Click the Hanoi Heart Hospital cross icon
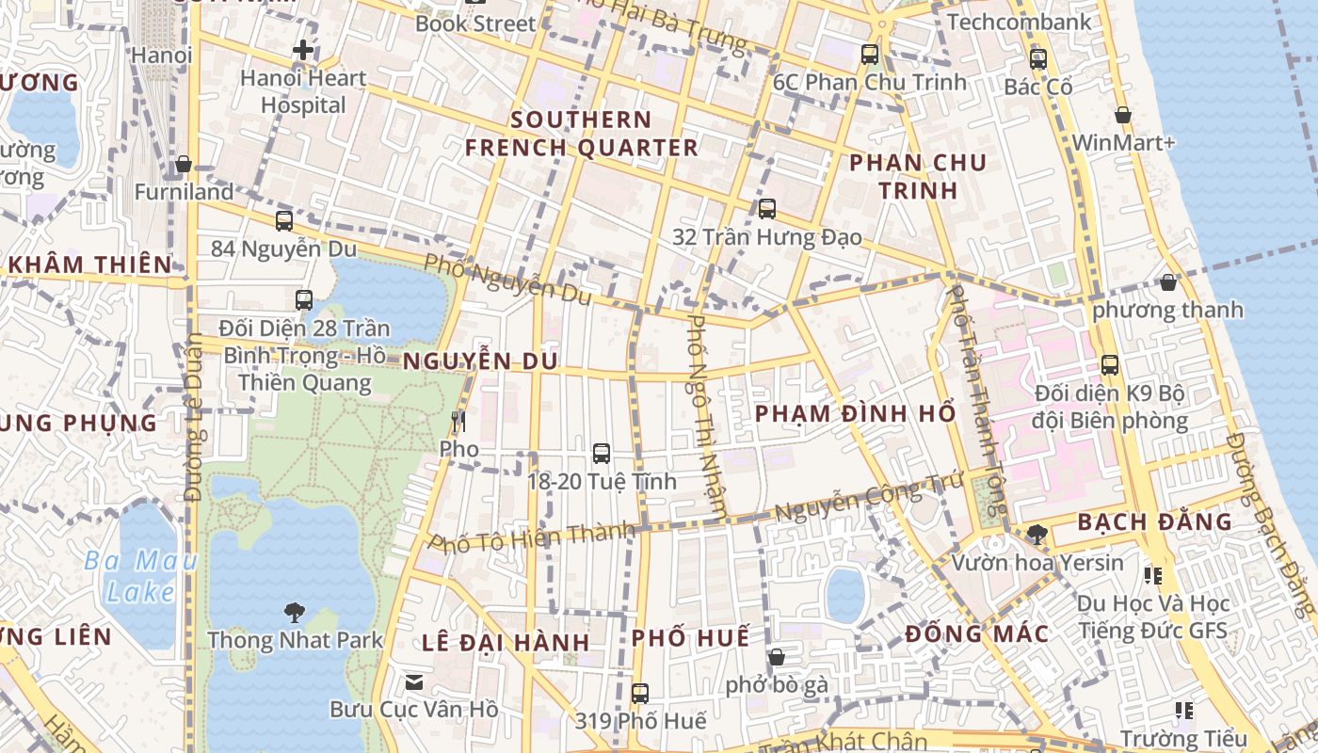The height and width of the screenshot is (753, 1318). (x=303, y=50)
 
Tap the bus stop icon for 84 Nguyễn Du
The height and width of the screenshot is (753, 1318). (x=283, y=221)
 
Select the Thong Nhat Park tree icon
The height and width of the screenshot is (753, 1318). (x=294, y=613)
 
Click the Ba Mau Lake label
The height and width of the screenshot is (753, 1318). (x=140, y=577)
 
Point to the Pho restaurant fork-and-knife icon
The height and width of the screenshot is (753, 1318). (x=458, y=421)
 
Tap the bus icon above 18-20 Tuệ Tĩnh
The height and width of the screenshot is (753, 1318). (x=601, y=454)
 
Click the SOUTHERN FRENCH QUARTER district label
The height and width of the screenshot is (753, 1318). (x=581, y=134)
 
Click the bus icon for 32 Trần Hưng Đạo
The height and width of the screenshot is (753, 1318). (x=766, y=209)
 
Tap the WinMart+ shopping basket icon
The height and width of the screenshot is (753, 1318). (x=1122, y=116)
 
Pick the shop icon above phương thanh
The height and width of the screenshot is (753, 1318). (x=1167, y=282)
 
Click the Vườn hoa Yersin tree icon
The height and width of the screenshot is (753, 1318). (x=1037, y=535)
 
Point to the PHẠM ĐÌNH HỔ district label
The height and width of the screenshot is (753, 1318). (x=855, y=413)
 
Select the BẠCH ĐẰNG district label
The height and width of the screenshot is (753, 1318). (x=1154, y=521)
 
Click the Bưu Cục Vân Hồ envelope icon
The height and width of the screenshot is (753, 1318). (x=413, y=681)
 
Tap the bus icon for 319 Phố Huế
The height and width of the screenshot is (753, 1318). (x=640, y=694)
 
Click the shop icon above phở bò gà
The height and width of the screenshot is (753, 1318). (x=776, y=657)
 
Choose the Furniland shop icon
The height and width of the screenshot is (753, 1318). (x=184, y=165)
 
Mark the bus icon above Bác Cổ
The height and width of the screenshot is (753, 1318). (x=1037, y=59)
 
